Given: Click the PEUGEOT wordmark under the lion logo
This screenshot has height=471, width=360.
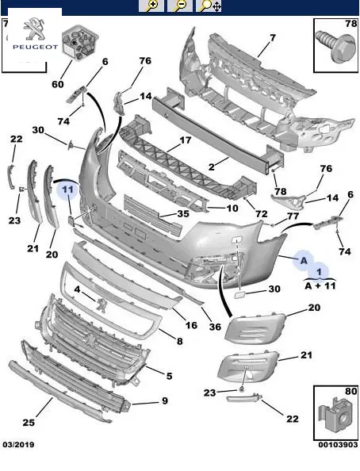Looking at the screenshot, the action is coord(35,47).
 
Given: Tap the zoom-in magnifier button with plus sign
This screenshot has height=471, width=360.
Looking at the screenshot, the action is coord(151,6).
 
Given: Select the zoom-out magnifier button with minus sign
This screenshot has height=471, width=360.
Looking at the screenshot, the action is coord(180,6).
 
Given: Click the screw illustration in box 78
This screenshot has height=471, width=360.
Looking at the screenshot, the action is coord(335,46).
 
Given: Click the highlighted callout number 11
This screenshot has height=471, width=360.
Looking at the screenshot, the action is coord(68,190).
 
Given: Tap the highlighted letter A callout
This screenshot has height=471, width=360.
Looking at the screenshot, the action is coord(304,260).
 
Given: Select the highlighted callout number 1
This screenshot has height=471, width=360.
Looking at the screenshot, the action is coord(319,271).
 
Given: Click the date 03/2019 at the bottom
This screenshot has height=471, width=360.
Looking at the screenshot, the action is coord(18,445).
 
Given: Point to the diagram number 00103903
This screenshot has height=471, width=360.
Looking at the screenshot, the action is coord(338,445).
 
